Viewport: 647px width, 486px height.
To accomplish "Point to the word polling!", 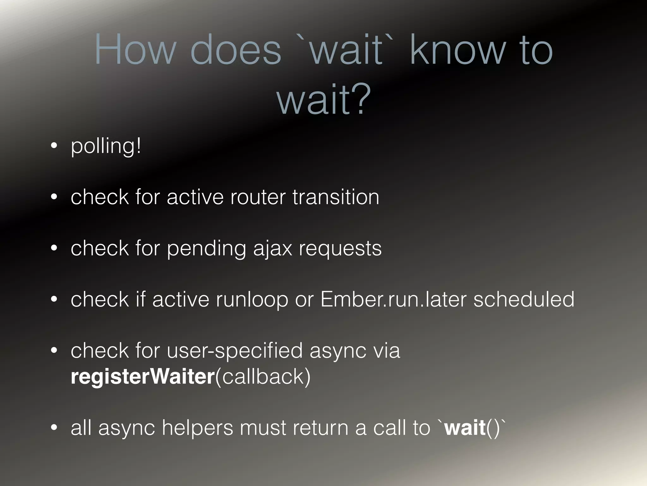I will tap(106, 146).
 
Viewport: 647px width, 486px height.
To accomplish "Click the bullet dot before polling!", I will tap(54, 146).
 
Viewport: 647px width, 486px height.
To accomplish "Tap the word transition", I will tap(336, 197).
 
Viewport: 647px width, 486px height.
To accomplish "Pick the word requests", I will tap(340, 248).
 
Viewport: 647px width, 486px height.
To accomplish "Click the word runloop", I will tap(252, 300).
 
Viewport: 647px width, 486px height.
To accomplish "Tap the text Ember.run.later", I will tap(393, 299).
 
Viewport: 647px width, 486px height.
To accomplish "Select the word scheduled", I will tap(524, 299).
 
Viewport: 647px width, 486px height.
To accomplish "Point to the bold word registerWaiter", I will tap(143, 377).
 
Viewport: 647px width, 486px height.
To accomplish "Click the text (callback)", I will tap(263, 377).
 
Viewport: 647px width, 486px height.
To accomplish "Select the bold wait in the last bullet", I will tap(465, 427).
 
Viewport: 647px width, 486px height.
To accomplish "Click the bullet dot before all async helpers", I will tap(54, 428).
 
